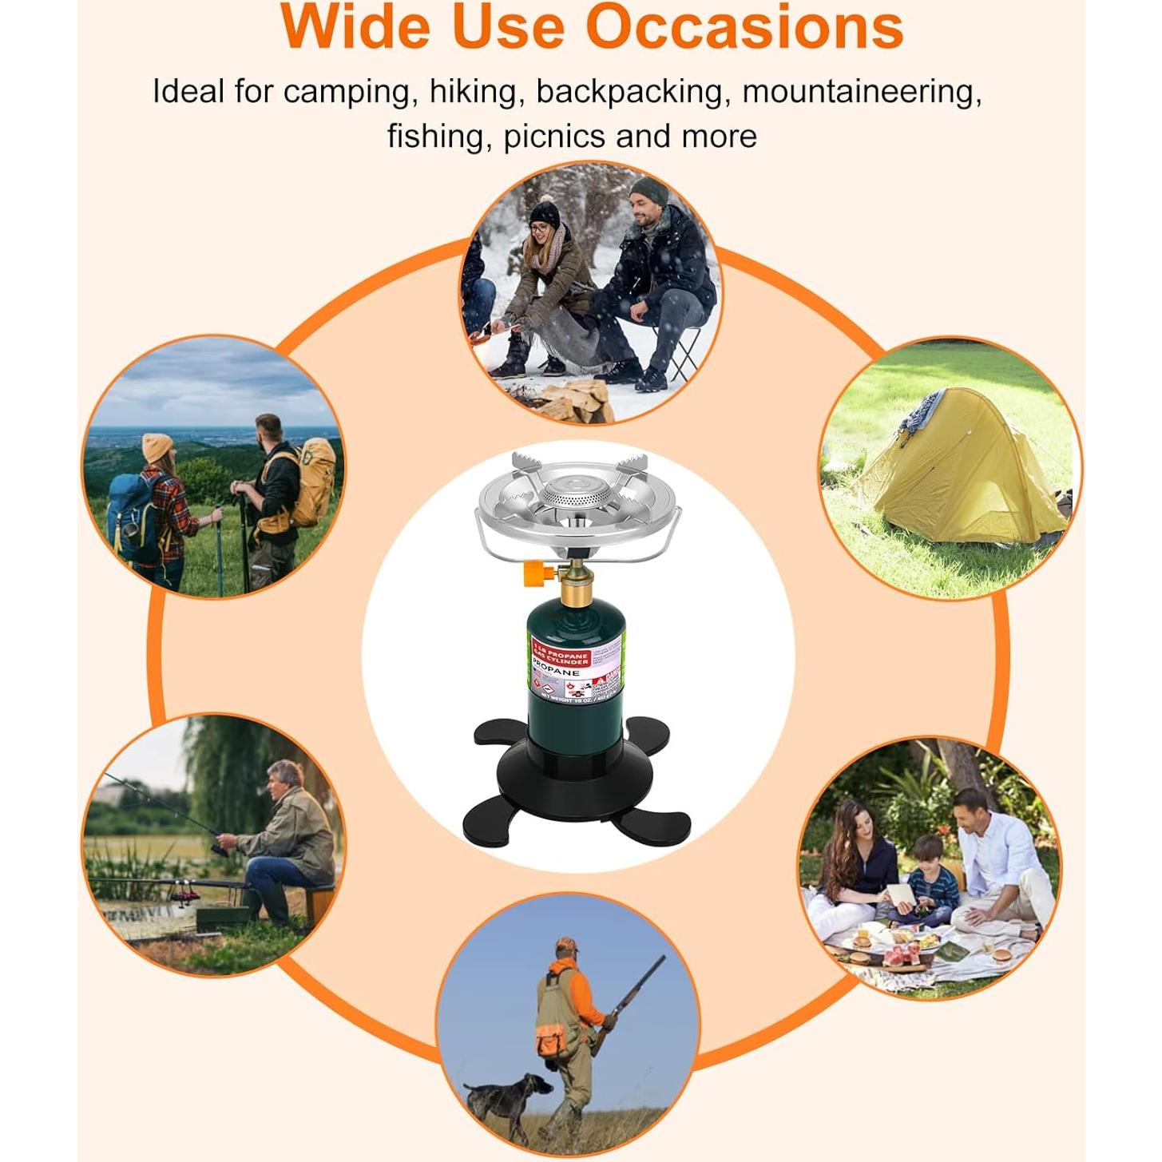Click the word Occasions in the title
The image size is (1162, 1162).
744,27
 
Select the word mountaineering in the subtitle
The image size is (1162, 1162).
861,92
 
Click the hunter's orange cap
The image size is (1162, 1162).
566,946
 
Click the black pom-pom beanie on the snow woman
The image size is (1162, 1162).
545,211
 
